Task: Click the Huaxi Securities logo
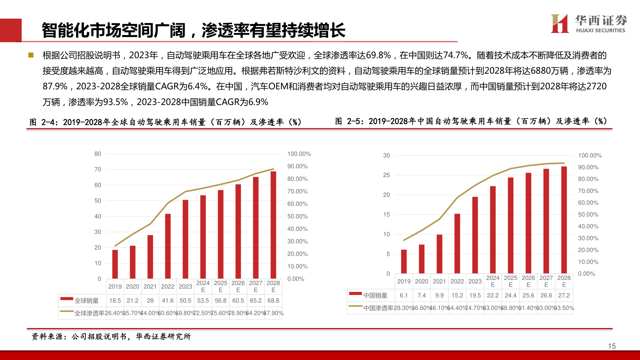coord(589,24)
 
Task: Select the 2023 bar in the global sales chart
coord(185,239)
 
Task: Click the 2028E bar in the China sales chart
coord(564,220)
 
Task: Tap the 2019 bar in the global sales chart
coord(115,264)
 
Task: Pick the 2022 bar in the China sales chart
coord(457,243)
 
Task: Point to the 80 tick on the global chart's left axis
coord(98,154)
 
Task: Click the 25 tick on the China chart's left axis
coord(386,175)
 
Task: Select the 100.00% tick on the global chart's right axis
coord(299,154)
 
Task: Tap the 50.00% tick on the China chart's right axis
coord(588,215)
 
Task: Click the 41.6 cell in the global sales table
coord(168,301)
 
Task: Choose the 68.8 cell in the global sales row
coord(273,301)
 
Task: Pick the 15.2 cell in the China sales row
coord(457,295)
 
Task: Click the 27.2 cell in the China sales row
coord(564,295)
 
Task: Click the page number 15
coord(612,346)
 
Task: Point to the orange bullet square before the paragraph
coord(31,55)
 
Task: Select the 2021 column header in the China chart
coord(439,281)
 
